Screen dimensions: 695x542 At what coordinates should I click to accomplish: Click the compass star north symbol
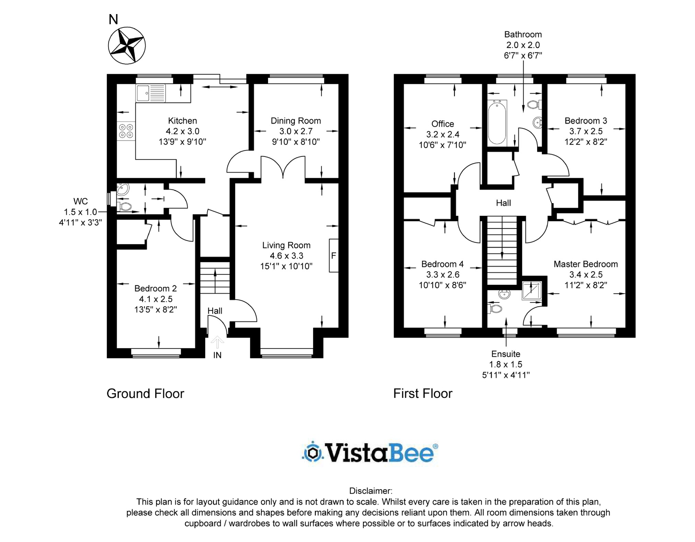click(127, 45)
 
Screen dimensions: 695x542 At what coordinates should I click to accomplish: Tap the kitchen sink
click(151, 93)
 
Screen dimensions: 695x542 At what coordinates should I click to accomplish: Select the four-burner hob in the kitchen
click(126, 131)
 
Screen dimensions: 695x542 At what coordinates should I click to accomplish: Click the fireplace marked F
click(334, 255)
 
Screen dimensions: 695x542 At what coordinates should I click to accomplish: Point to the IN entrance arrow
click(217, 343)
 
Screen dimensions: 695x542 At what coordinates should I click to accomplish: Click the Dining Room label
click(296, 121)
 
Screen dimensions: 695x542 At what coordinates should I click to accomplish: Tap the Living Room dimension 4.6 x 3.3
click(286, 256)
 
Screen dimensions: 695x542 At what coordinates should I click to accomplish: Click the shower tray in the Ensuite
click(532, 291)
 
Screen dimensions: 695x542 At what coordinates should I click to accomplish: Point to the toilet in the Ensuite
click(494, 309)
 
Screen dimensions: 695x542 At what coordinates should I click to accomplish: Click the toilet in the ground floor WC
click(124, 207)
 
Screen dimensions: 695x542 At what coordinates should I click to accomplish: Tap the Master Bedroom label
click(586, 264)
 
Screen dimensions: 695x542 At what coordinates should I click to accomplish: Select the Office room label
click(442, 124)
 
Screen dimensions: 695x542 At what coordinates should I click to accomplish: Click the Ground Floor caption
click(145, 393)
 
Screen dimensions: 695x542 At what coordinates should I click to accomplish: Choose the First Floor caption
click(423, 393)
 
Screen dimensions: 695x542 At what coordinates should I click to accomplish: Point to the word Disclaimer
click(371, 491)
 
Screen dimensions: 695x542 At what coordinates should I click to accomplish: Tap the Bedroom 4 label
click(442, 264)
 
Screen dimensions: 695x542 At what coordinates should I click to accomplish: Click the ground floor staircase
click(215, 278)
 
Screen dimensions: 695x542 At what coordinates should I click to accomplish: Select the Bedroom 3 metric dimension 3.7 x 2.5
click(586, 131)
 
